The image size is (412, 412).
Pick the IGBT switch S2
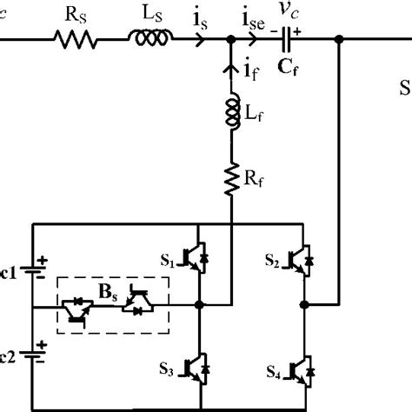click(303, 258)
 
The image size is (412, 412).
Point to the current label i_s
click(201, 17)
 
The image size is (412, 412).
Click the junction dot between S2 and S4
click(303, 305)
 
